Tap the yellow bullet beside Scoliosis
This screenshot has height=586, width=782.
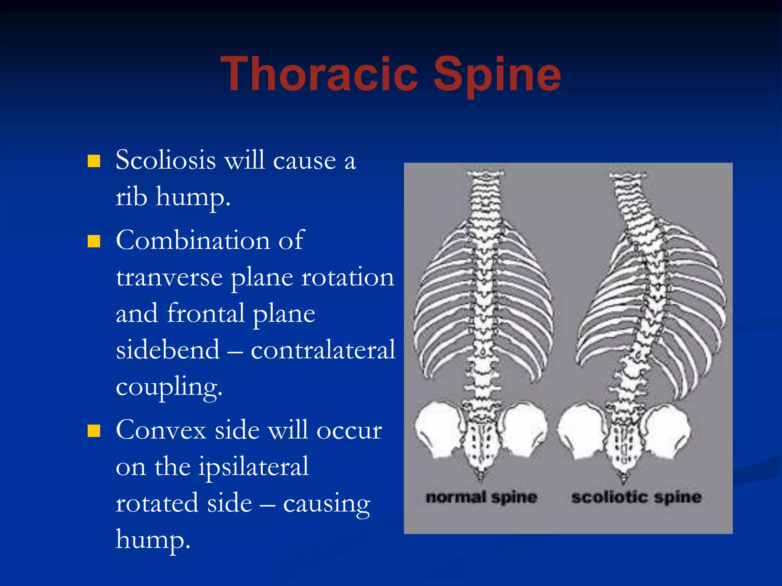[x=94, y=161]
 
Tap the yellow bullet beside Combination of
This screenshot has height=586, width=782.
[x=94, y=241]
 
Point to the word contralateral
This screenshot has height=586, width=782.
[x=323, y=349]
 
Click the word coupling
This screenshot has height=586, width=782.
[x=169, y=387]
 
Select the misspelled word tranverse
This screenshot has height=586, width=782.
[x=169, y=277]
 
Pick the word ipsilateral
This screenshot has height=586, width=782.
[x=253, y=466]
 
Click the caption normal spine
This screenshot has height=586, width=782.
[x=481, y=497]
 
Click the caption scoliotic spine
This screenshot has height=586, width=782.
[x=636, y=497]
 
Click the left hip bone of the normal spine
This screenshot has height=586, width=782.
[x=438, y=429]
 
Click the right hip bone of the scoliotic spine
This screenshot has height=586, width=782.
[x=666, y=431]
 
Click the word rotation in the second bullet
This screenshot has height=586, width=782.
[x=347, y=277]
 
